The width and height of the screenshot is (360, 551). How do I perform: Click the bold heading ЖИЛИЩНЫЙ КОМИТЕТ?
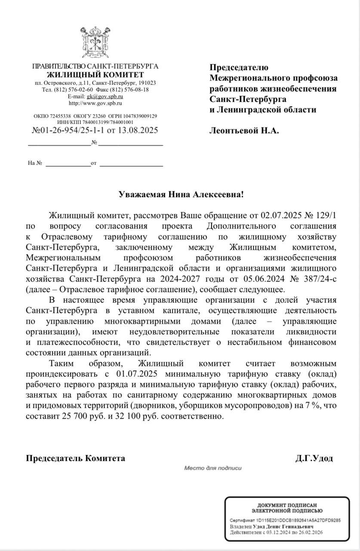(95, 75)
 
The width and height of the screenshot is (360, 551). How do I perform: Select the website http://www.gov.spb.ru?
(95, 103)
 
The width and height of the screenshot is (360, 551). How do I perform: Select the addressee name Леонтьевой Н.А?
(244, 130)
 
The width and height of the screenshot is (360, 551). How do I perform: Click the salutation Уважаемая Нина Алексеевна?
(181, 195)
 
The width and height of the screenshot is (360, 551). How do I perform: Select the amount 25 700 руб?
(74, 417)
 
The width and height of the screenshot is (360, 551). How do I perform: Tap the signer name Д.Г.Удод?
(314, 458)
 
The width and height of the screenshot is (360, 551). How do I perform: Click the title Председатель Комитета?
(76, 458)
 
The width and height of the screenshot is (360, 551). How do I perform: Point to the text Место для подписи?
(213, 468)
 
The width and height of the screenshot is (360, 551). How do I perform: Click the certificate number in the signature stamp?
(298, 520)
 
